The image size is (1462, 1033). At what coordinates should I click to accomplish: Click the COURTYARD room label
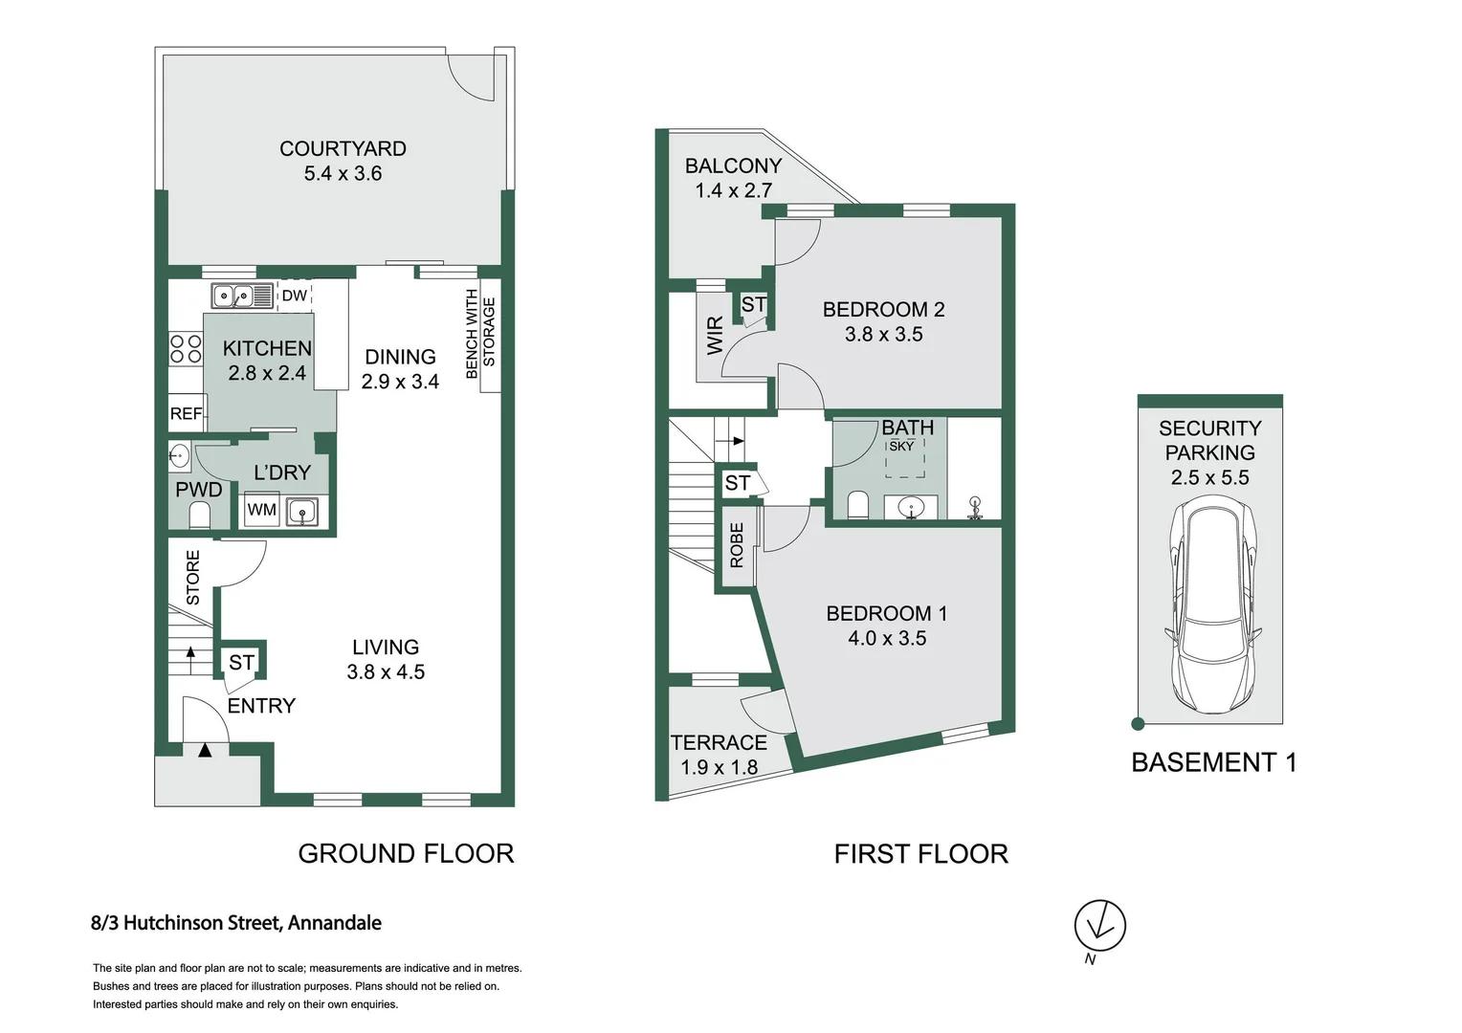pos(343,149)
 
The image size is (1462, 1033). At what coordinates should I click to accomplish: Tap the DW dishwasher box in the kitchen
pos(295,296)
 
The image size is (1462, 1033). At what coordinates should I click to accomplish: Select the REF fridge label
pos(186,413)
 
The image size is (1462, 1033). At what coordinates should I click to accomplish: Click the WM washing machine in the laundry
pos(261,510)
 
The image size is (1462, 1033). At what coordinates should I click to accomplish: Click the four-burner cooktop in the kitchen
pos(186,348)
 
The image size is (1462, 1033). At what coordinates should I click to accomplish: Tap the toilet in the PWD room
pos(199,516)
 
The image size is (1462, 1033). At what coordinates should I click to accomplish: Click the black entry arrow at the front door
pos(205,751)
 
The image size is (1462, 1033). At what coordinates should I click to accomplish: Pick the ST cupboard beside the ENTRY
pos(241,662)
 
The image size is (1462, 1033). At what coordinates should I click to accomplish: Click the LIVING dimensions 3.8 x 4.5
pos(386,672)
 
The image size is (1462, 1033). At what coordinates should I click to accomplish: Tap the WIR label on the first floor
pos(715,336)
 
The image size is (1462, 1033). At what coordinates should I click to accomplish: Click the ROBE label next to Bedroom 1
pos(737,545)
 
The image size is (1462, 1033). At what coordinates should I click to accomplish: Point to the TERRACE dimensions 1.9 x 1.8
pos(719,767)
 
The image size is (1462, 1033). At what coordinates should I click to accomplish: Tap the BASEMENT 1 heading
pos(1213,762)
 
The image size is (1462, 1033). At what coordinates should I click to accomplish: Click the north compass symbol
pos(1099,926)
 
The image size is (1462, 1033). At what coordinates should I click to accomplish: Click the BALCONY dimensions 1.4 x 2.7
pos(733,190)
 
